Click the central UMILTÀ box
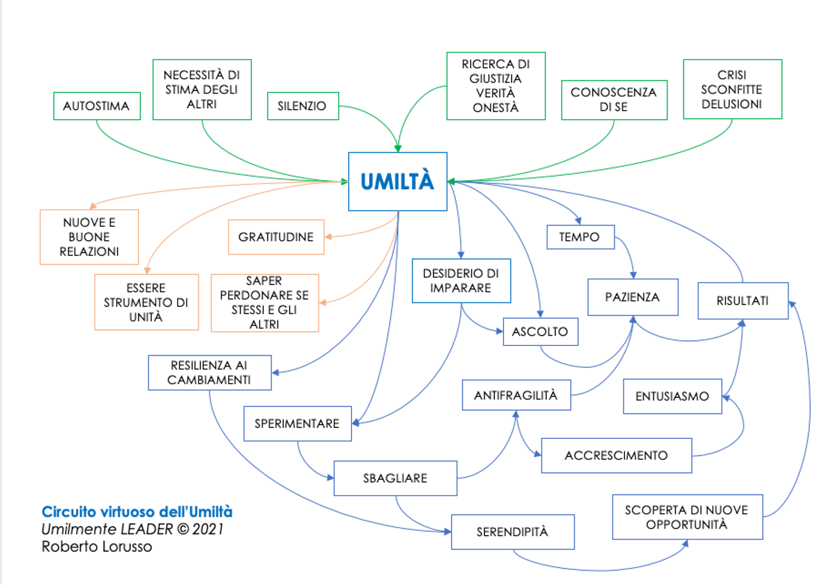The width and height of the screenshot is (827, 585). click(x=398, y=181)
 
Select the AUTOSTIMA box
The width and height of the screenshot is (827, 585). click(x=97, y=106)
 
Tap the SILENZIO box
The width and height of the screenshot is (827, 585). click(x=303, y=106)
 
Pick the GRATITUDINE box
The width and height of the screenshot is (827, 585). click(x=276, y=237)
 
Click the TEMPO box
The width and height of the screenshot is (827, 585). click(x=580, y=237)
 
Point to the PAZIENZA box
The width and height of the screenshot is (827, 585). click(x=633, y=297)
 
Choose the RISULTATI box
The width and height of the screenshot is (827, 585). click(x=743, y=300)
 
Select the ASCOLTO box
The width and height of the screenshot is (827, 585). click(x=541, y=331)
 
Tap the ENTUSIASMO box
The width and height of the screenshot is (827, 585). click(x=673, y=396)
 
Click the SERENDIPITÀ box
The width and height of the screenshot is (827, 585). click(x=513, y=532)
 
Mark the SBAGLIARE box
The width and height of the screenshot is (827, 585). click(x=395, y=478)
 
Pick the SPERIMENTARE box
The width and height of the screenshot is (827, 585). click(x=297, y=424)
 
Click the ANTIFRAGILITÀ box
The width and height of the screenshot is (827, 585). click(x=516, y=395)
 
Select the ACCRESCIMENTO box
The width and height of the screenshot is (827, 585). click(x=617, y=455)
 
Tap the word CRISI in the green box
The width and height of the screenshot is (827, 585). click(x=732, y=75)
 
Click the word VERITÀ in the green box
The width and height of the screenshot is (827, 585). click(x=496, y=92)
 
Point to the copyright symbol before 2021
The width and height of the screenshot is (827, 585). click(x=182, y=529)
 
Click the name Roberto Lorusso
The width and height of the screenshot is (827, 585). click(x=97, y=547)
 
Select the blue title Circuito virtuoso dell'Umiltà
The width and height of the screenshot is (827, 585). click(x=137, y=512)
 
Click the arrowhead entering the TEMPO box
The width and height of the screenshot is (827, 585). click(x=578, y=221)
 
